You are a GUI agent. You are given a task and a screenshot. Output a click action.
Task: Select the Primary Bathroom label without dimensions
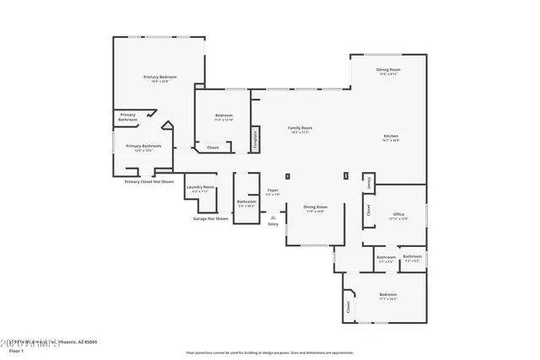tap(127, 117)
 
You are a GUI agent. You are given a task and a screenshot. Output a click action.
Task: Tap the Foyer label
tap(273, 192)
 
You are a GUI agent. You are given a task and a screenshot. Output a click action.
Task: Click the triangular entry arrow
tap(273, 217)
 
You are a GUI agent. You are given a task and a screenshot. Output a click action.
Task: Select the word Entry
tap(273, 224)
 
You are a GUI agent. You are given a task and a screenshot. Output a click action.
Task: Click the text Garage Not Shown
tap(210, 218)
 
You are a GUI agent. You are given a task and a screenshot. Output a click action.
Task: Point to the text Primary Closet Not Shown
tap(148, 181)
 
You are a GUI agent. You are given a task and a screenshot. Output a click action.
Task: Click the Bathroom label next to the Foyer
tap(246, 202)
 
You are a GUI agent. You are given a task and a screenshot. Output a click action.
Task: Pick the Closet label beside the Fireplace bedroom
tap(213, 148)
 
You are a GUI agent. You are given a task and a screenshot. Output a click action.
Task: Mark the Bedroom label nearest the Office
tap(388, 296)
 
